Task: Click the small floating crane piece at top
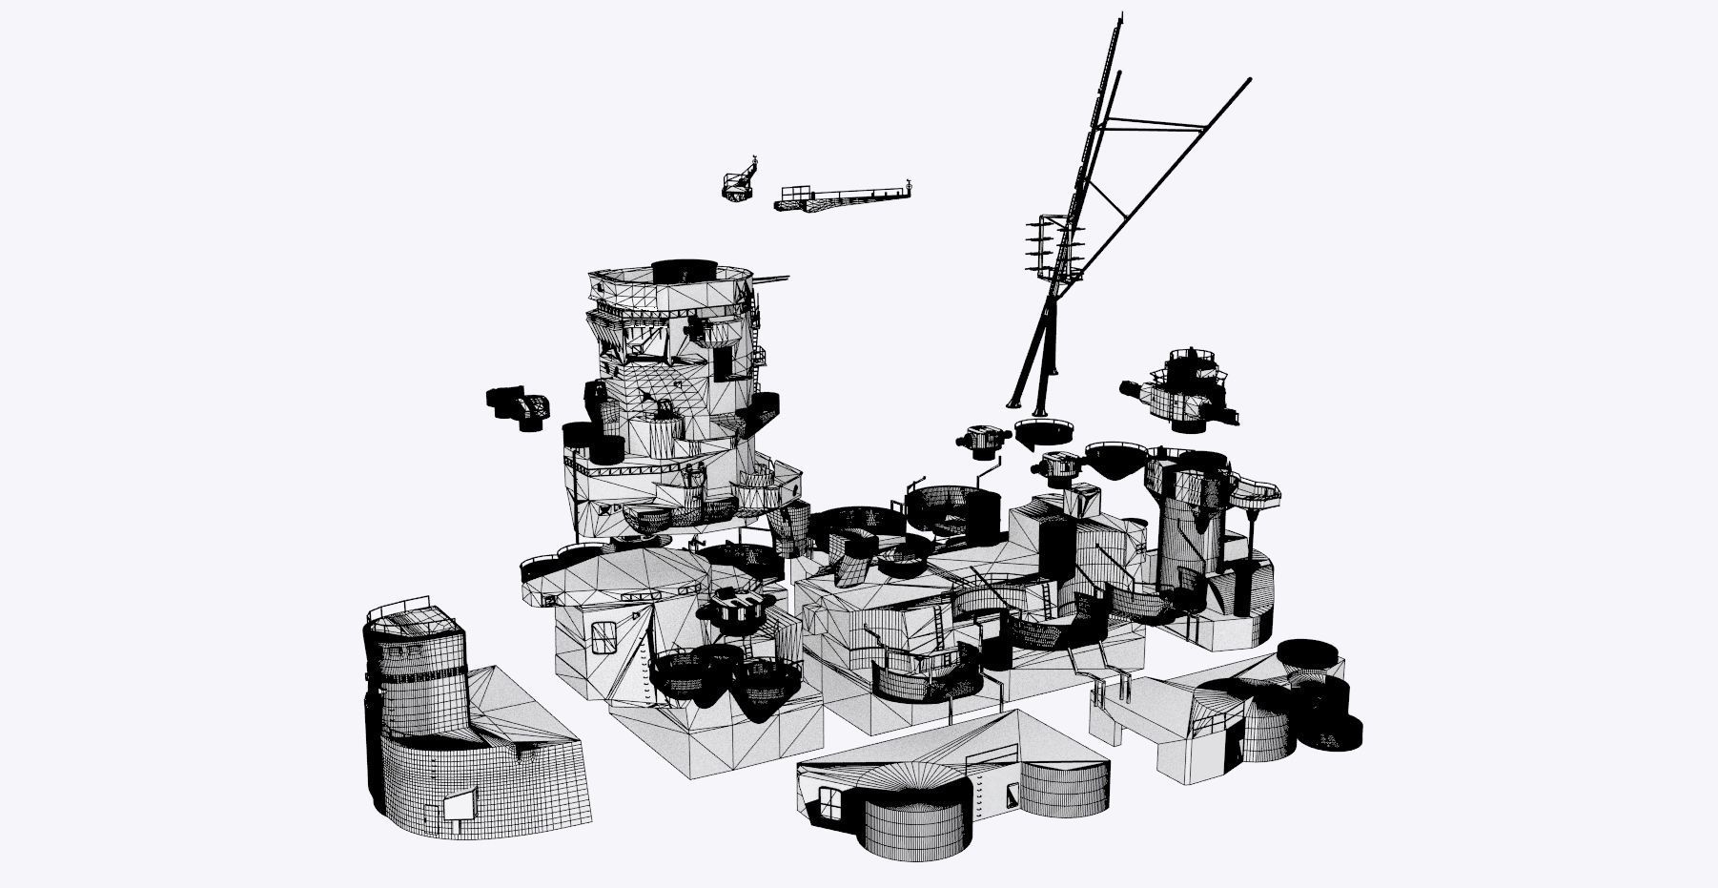[x=739, y=184]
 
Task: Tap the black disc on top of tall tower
[x=685, y=269]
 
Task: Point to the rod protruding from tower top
[x=773, y=279]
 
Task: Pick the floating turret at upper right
[x=1182, y=386]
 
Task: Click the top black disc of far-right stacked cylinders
[x=1310, y=654]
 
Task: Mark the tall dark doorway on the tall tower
[x=725, y=363]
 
